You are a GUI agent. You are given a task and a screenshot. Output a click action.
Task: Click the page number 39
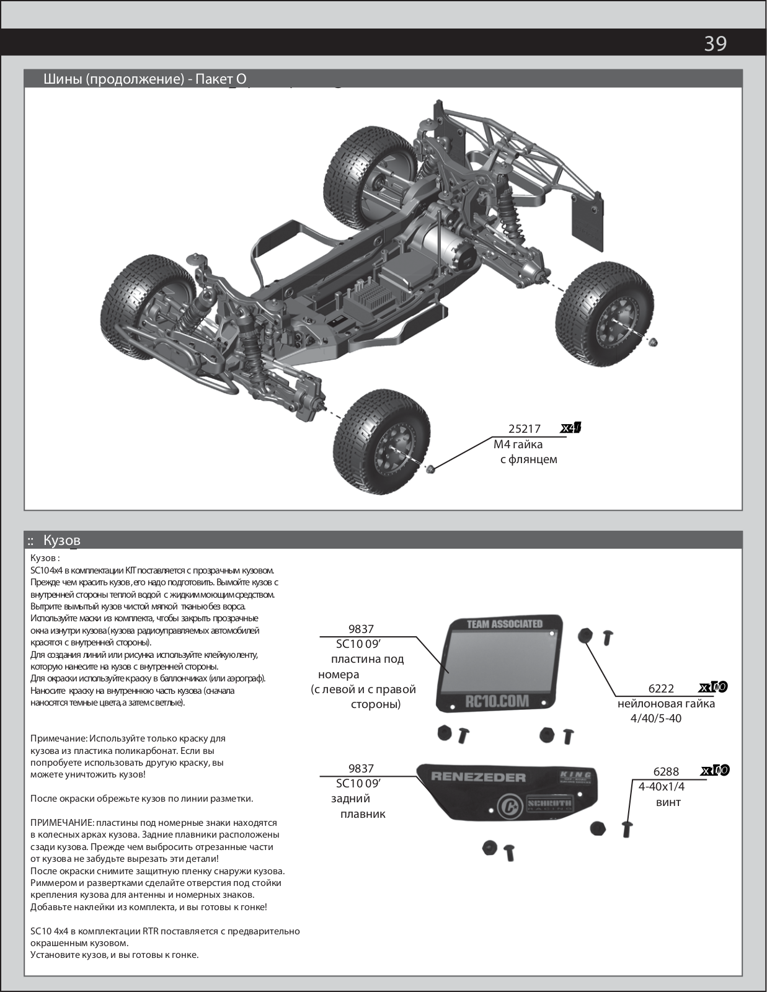pyautogui.click(x=715, y=43)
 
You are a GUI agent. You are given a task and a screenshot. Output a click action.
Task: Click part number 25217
pyautogui.click(x=524, y=428)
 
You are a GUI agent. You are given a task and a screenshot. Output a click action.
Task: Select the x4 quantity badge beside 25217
pyautogui.click(x=570, y=428)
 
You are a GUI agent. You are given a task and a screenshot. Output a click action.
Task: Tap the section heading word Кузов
pyautogui.click(x=62, y=541)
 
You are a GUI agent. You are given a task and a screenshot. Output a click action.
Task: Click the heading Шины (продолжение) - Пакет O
pyautogui.click(x=145, y=79)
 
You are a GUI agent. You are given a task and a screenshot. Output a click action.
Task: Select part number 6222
pyautogui.click(x=661, y=688)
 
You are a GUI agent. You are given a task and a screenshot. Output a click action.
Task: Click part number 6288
pyautogui.click(x=666, y=771)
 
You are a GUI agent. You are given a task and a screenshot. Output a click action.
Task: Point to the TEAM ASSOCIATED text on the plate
pyautogui.click(x=504, y=624)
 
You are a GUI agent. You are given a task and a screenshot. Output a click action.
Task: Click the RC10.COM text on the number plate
pyautogui.click(x=497, y=701)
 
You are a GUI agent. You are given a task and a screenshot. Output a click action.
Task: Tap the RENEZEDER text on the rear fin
pyautogui.click(x=478, y=777)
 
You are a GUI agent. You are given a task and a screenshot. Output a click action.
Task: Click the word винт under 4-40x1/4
pyautogui.click(x=668, y=802)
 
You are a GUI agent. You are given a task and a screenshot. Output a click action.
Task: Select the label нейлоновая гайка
pyautogui.click(x=666, y=704)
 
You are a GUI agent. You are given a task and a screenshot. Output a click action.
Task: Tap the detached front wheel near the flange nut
pyautogui.click(x=381, y=441)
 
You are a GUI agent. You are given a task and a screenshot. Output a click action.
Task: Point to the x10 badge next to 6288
pyautogui.click(x=715, y=771)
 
